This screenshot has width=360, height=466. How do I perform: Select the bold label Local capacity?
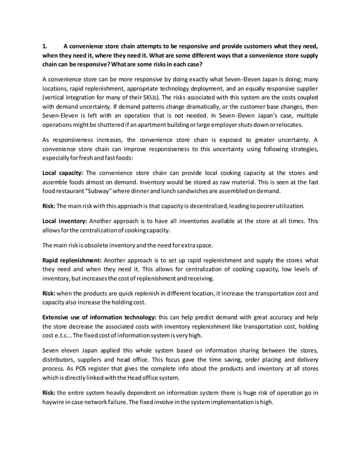tap(64, 173)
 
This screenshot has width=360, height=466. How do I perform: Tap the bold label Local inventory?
tap(64, 222)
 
